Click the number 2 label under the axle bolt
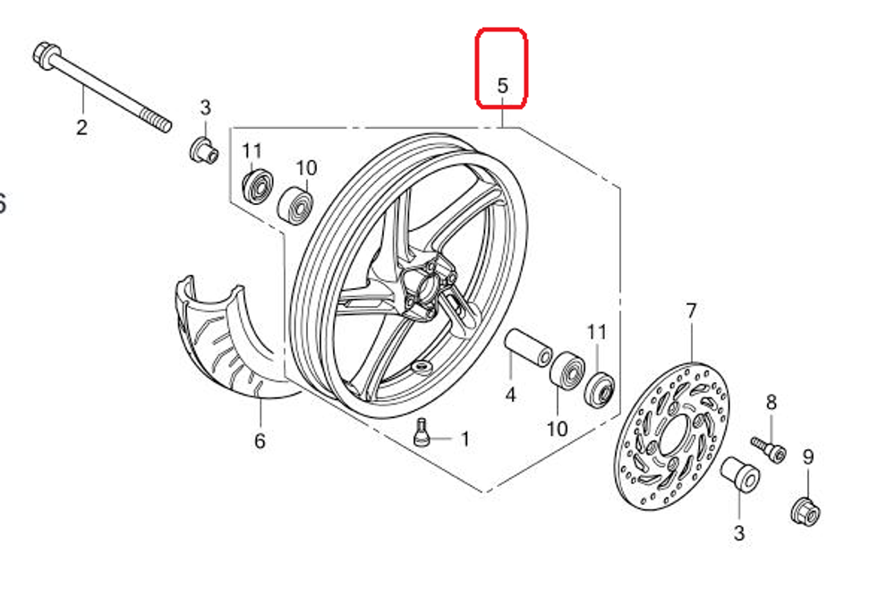[81, 128]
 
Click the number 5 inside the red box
[502, 87]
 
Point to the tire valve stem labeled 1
[421, 432]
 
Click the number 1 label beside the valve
[465, 439]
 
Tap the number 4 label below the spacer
[511, 394]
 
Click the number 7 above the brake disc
[690, 311]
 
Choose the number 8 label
[771, 403]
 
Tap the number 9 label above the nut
[808, 457]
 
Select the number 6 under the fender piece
[260, 440]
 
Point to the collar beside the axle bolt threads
[204, 149]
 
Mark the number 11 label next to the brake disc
[597, 332]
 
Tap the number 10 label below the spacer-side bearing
[557, 429]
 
